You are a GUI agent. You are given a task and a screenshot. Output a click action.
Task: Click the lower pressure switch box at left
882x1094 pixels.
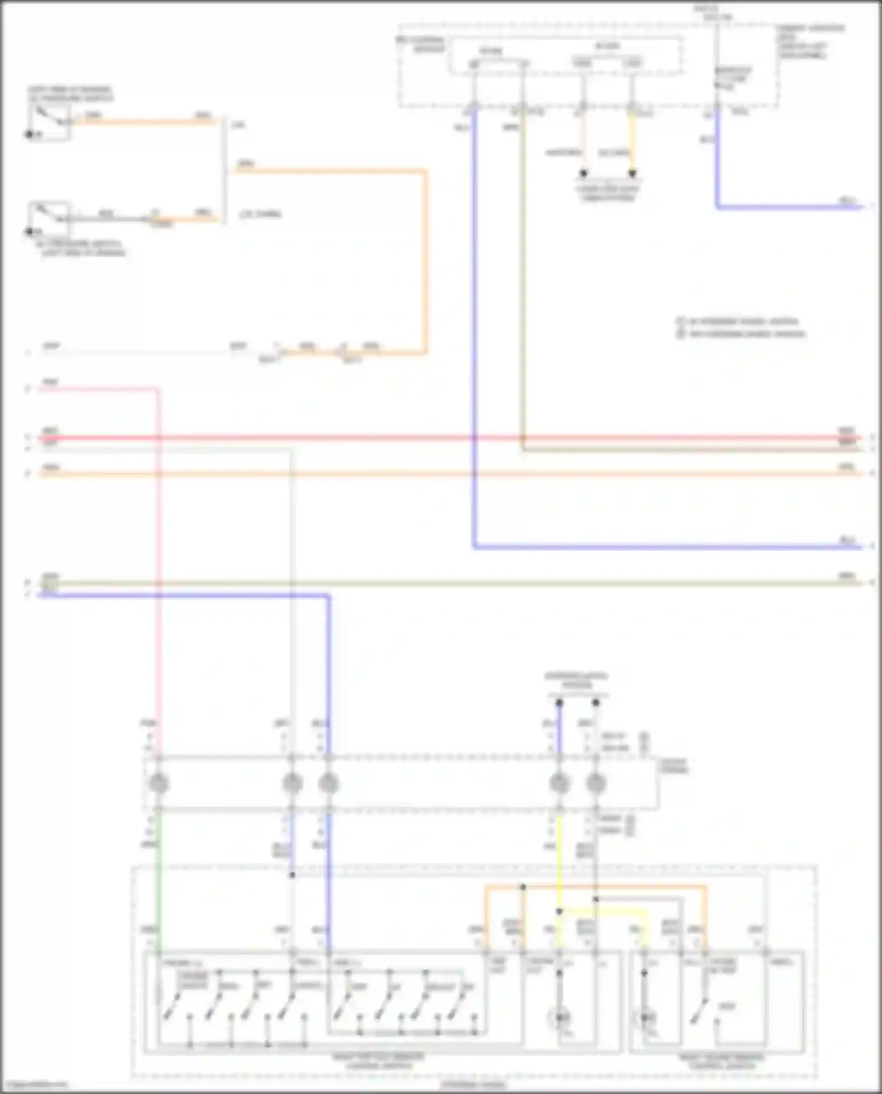point(50,218)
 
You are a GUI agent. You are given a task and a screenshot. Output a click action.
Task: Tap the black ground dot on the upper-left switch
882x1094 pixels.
point(29,135)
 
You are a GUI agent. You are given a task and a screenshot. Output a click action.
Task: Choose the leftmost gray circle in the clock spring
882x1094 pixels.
point(159,783)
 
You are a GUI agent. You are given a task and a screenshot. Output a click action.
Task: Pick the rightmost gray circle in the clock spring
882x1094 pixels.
point(596,783)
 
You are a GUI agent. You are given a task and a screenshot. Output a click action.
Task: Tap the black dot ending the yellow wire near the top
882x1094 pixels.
point(632,173)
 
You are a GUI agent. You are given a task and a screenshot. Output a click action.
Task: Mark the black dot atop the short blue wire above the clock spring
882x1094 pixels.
point(559,702)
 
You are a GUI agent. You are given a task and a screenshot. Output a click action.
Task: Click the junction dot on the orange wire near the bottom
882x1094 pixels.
point(523,887)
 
